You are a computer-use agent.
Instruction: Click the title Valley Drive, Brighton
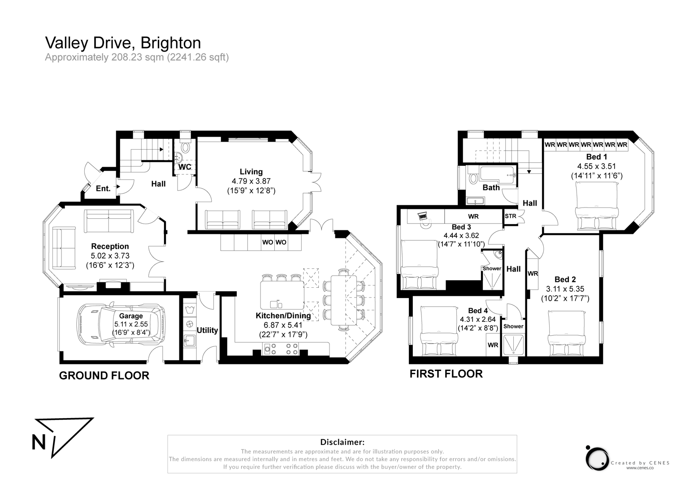123,43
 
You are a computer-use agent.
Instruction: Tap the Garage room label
130,316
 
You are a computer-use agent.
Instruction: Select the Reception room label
110,246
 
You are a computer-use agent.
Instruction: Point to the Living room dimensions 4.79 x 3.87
251,181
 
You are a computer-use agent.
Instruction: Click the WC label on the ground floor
185,167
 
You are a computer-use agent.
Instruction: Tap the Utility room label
207,330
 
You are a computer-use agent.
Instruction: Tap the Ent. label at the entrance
103,188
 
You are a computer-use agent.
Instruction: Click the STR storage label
510,216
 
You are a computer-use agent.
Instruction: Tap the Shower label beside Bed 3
492,268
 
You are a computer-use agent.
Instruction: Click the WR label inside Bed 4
493,345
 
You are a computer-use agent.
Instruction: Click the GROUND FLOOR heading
104,376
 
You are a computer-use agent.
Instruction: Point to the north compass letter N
39,442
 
